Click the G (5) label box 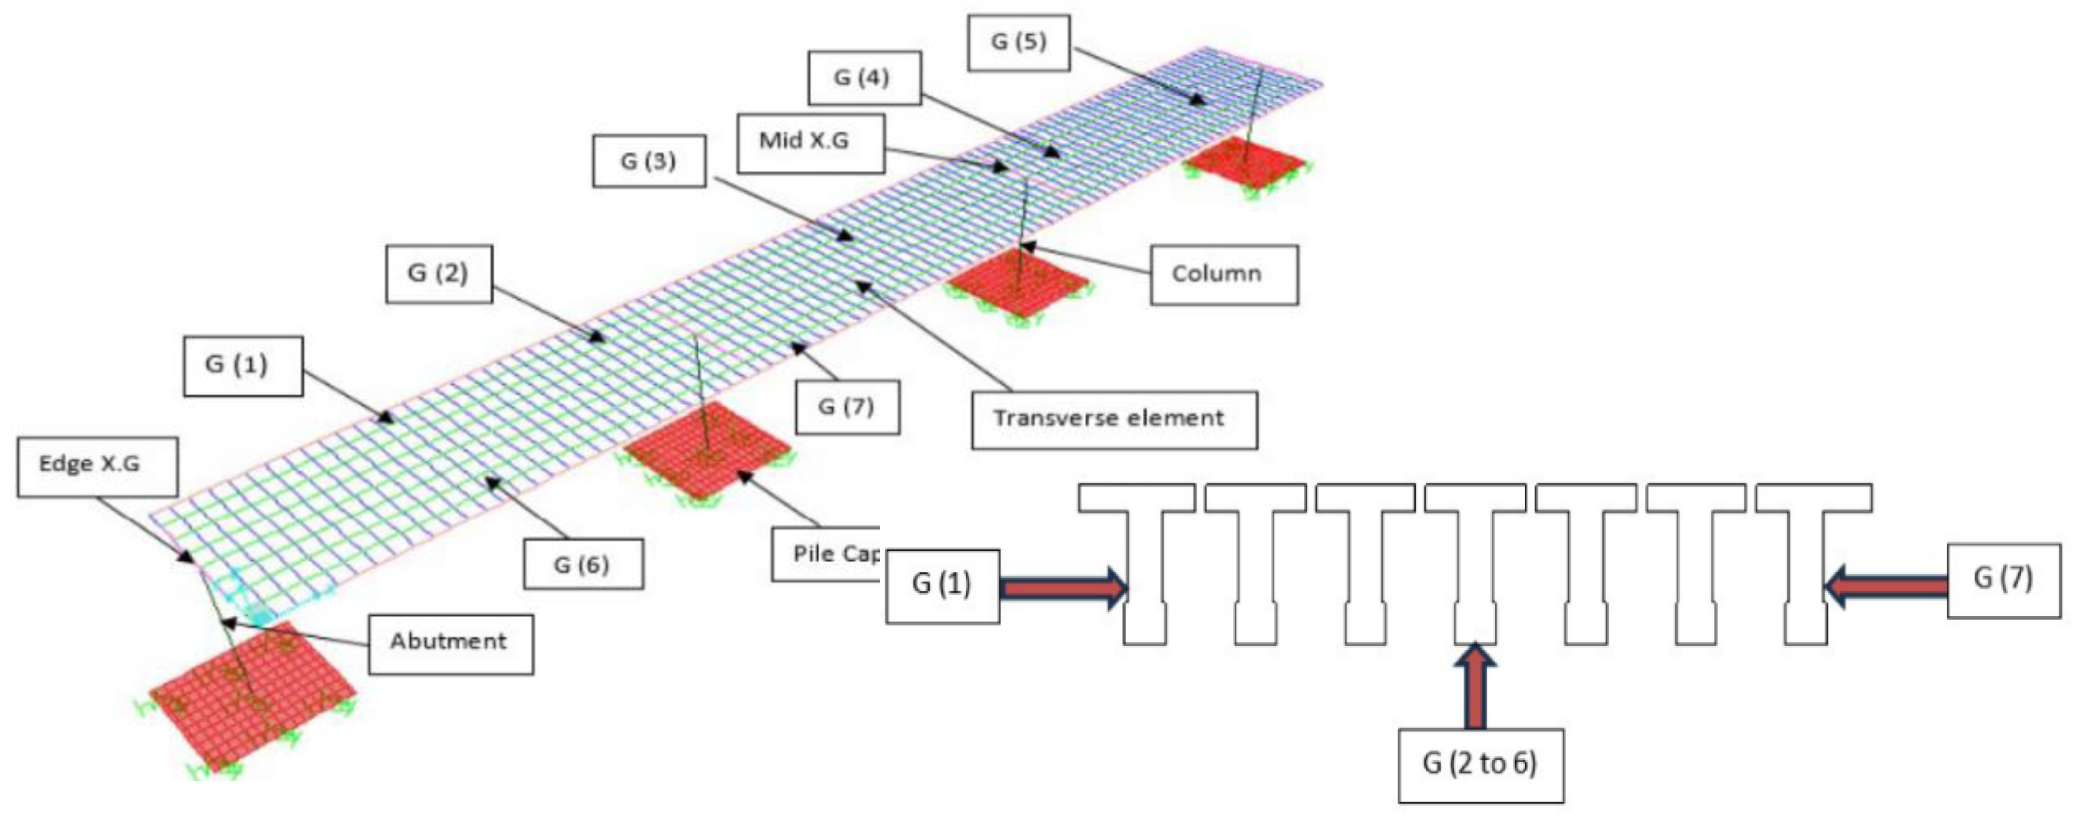(x=1019, y=42)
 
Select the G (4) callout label (x=864, y=78)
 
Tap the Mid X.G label (x=810, y=143)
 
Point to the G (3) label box (x=649, y=162)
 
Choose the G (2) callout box (x=439, y=273)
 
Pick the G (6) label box (x=583, y=563)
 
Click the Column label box (x=1223, y=274)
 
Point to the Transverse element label (x=1113, y=419)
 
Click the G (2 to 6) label (x=1480, y=765)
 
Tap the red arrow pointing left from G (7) (x=1886, y=585)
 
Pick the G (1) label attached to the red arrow (x=942, y=585)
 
